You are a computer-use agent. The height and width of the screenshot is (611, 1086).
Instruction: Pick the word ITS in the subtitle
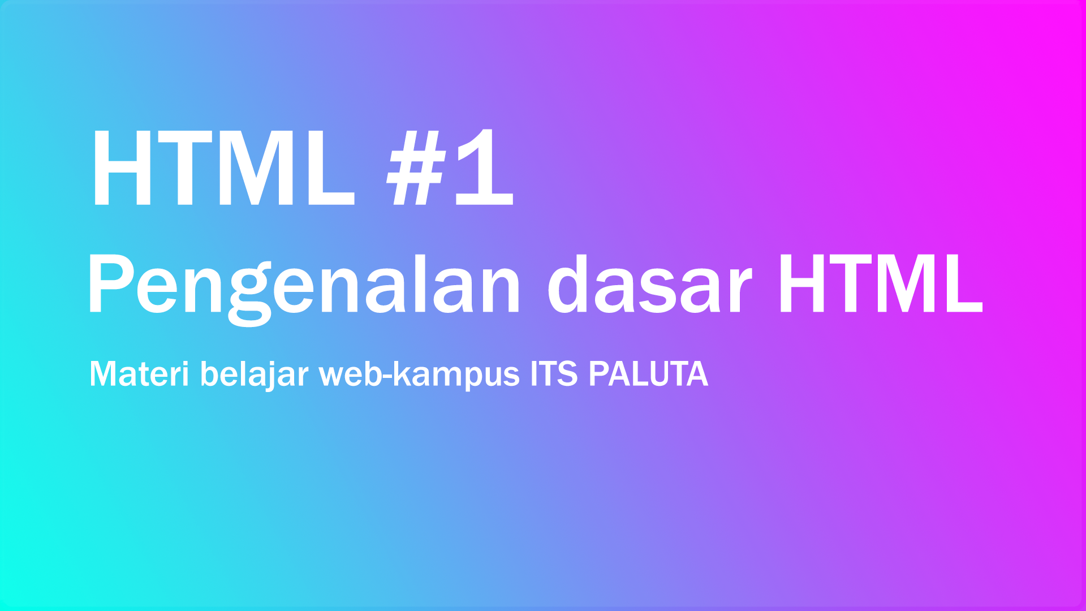[x=554, y=375]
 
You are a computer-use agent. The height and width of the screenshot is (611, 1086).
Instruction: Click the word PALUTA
[x=648, y=375]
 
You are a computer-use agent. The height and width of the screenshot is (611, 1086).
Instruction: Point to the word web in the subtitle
[x=351, y=375]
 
